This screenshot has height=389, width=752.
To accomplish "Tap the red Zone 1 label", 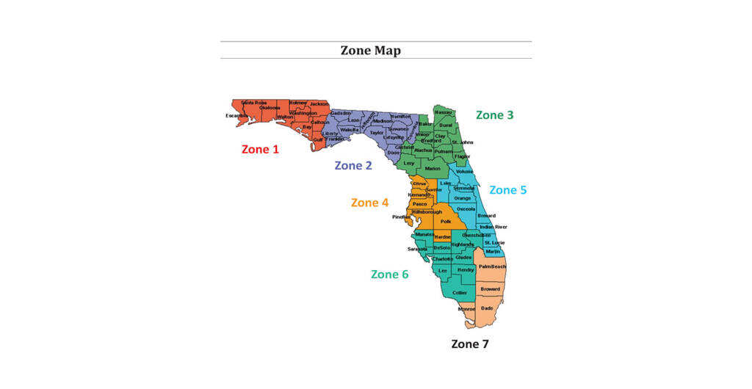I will [260, 149].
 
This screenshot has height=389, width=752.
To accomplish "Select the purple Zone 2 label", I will [353, 165].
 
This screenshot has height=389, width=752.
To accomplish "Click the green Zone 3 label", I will [494, 114].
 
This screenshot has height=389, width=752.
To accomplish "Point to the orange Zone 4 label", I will [369, 203].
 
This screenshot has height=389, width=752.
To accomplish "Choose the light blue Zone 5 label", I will [507, 189].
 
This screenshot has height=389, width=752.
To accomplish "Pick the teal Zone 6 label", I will [389, 274].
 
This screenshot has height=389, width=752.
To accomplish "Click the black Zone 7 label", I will [469, 343].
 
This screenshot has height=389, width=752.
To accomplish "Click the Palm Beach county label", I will [493, 266].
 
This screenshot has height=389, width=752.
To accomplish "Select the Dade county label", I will [487, 308].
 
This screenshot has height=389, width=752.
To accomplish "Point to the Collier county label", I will [460, 293].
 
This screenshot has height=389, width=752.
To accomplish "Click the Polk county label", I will [445, 220].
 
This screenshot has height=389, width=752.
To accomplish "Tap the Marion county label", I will [433, 169].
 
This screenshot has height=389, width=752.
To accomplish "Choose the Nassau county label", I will [444, 113].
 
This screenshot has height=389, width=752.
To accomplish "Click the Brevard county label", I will [486, 216].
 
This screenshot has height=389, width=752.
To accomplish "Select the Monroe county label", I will [466, 309].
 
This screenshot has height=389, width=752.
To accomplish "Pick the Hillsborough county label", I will [424, 211].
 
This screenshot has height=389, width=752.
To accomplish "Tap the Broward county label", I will [490, 289].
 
